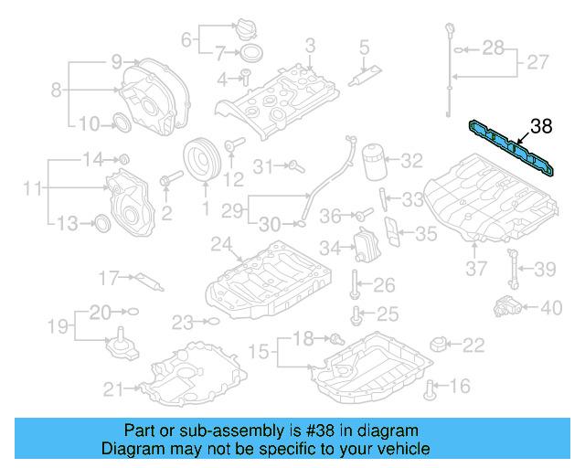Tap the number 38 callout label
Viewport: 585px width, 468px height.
click(541, 126)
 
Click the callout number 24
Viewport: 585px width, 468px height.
click(219, 244)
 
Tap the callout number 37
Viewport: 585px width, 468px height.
click(476, 269)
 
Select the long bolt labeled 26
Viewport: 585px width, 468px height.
click(352, 285)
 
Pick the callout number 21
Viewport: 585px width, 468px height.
click(112, 389)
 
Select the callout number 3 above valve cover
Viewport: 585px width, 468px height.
click(310, 45)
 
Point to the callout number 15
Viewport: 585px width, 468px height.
click(259, 351)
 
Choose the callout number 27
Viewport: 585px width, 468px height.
click(537, 63)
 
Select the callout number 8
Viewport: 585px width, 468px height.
click(57, 90)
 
